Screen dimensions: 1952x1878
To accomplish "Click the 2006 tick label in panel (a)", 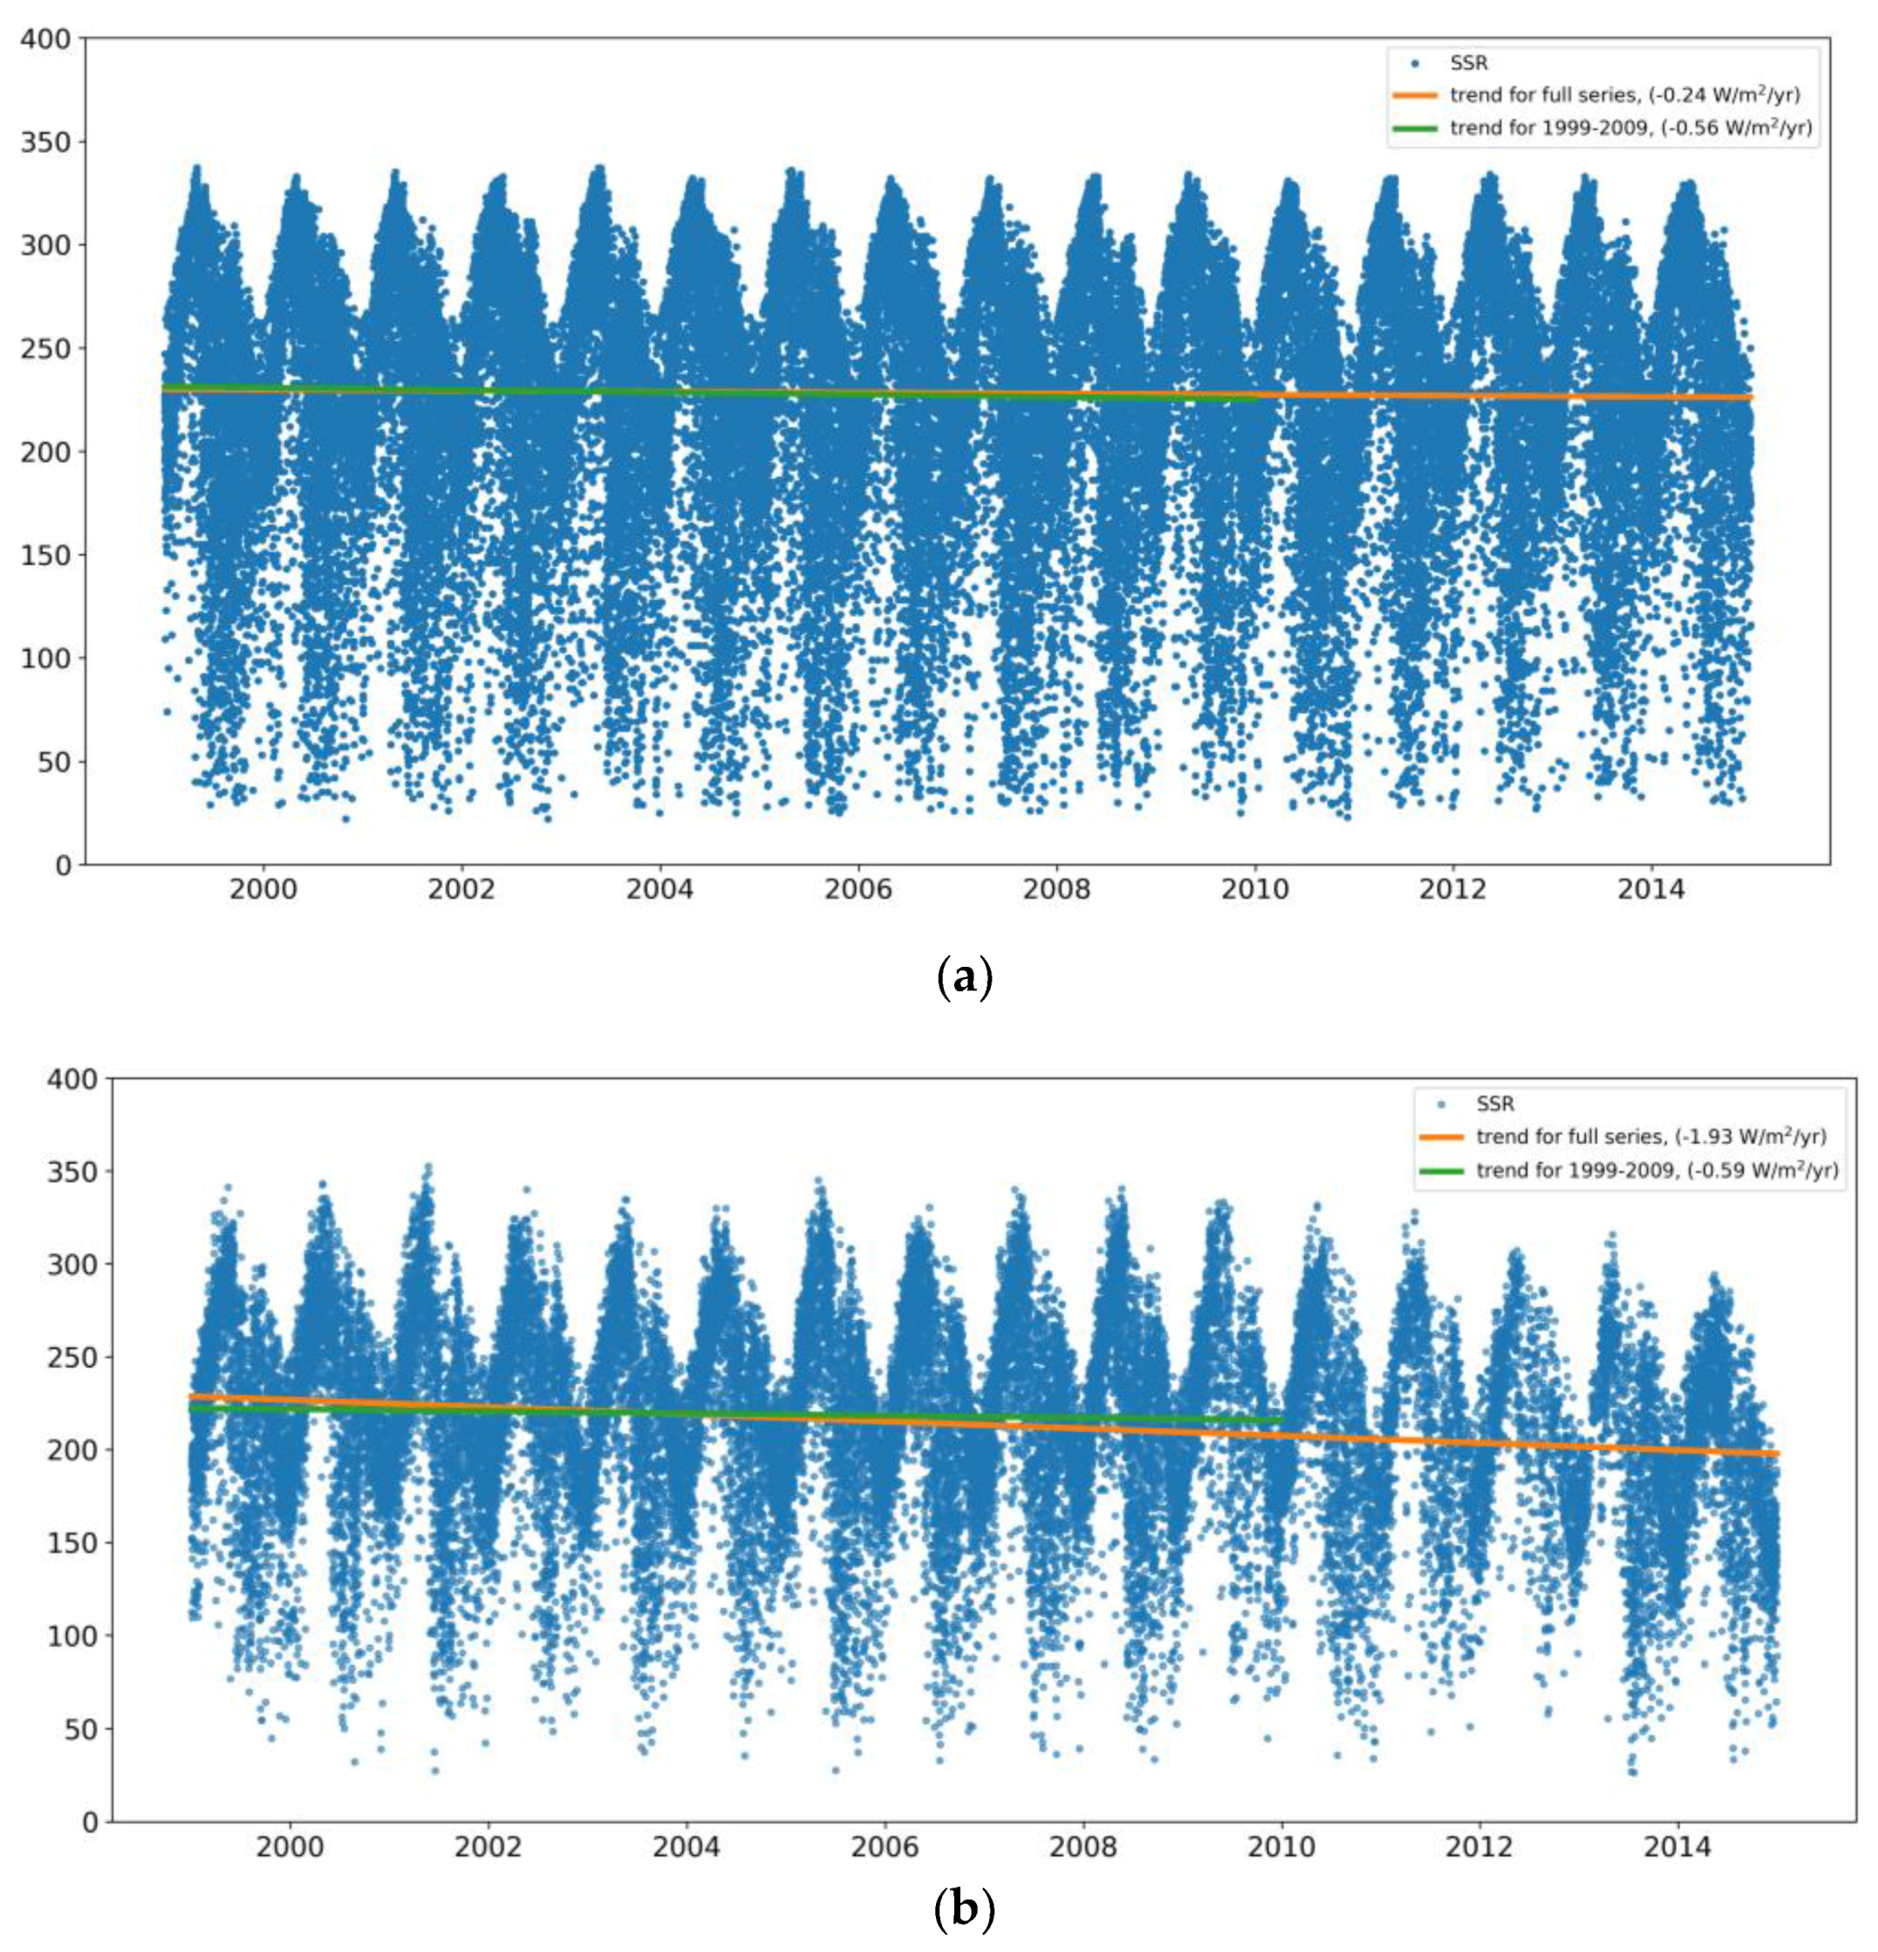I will click(x=857, y=888).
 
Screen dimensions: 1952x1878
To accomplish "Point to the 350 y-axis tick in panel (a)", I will click(x=46, y=142).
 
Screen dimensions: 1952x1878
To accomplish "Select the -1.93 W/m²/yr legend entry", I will click(x=1650, y=1136).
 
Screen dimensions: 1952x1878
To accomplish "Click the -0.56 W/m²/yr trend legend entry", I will click(x=1630, y=128).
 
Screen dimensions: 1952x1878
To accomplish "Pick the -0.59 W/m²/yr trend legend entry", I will click(x=1656, y=1170).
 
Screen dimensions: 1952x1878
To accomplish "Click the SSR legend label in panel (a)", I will click(x=1469, y=63).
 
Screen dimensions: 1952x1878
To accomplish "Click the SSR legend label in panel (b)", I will click(x=1494, y=1104).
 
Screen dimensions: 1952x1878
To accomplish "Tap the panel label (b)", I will click(x=964, y=1910).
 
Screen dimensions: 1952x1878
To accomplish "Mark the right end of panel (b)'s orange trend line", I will click(x=1777, y=1454).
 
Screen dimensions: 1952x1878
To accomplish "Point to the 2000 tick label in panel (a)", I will click(x=263, y=888).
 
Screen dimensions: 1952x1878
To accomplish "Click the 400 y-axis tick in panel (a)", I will click(x=46, y=39).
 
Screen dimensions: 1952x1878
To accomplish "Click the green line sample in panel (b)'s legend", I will click(x=1439, y=1170).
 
